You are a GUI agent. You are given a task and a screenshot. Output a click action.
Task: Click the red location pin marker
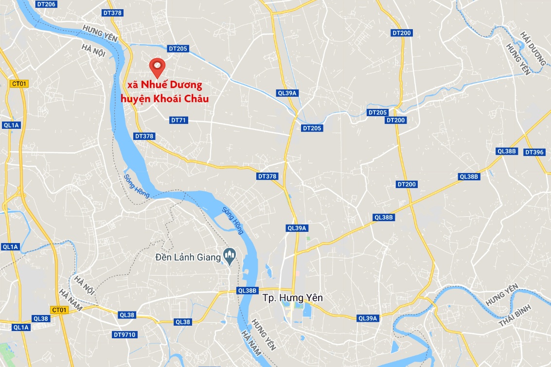(157, 65)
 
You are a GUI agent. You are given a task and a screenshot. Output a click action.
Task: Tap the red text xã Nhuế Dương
(164, 86)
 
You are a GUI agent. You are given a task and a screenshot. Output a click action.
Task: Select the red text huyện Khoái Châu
(165, 99)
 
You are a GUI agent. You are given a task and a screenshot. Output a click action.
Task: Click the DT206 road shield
(46, 4)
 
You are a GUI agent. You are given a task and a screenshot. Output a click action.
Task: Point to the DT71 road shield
(179, 120)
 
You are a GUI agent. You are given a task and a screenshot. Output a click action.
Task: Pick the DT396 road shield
(534, 152)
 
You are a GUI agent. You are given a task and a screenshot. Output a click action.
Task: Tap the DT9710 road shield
(124, 334)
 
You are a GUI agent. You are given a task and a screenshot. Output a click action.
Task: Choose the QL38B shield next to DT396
(506, 151)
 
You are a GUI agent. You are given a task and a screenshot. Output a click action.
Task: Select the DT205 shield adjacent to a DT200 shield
(377, 112)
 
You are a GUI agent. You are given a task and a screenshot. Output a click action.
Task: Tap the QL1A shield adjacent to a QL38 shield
(21, 327)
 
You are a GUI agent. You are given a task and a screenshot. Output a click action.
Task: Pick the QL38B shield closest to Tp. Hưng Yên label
(247, 290)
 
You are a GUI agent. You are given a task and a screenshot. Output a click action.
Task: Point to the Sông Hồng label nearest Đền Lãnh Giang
(232, 220)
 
